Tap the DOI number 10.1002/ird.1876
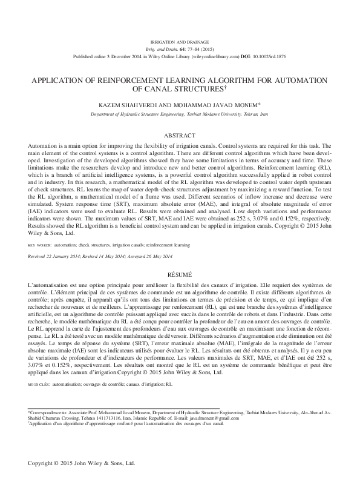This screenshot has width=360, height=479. [266, 56]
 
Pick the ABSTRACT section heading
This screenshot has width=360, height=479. [180, 135]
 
